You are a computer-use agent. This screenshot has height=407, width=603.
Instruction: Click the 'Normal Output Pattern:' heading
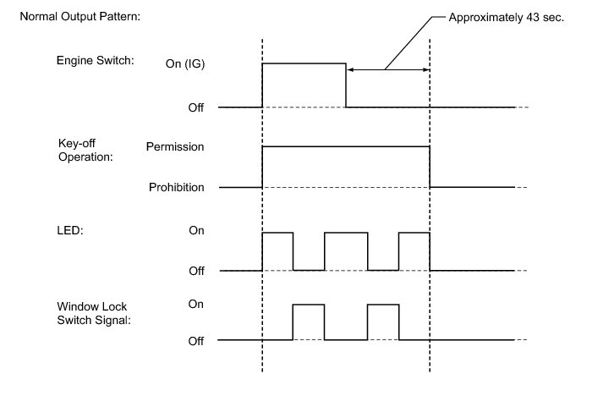80,17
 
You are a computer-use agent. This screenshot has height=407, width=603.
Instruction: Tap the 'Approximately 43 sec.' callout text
506,18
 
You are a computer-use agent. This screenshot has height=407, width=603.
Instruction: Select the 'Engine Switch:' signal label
95,60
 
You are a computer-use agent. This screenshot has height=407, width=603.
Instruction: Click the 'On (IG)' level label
185,63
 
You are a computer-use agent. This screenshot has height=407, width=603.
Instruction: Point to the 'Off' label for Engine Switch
195,107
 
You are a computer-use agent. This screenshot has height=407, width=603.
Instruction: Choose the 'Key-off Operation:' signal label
85,150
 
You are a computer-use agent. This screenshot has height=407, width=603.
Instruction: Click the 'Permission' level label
175,146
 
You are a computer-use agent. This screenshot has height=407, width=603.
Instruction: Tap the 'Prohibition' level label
177,187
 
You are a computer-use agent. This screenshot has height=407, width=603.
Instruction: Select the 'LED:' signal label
70,230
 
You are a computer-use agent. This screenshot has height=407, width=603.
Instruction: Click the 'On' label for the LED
196,230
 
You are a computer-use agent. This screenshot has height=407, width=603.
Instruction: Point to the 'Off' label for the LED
196,271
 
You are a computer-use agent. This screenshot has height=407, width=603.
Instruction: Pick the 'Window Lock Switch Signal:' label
94,313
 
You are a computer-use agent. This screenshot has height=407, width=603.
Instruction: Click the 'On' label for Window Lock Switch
195,305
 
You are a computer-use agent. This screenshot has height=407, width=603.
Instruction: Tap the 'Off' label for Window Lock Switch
195,341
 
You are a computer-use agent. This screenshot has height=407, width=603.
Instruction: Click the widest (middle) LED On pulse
346,233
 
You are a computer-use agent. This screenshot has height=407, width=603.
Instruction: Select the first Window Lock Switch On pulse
309,305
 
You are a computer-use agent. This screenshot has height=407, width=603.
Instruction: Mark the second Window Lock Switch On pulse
383,305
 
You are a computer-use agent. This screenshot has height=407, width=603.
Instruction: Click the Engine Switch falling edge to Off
346,85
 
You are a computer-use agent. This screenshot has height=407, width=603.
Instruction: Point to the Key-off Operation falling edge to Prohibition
430,167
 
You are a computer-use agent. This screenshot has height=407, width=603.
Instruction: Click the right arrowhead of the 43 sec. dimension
426,69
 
